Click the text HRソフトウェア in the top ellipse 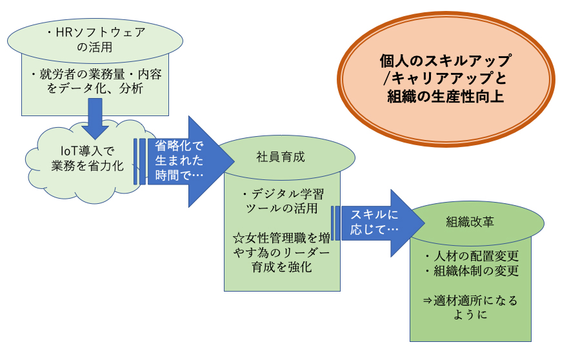tap(101, 33)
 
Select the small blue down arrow tap(95, 119)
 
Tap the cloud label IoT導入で tap(87, 150)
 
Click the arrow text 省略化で tap(179, 146)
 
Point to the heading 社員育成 tap(281, 157)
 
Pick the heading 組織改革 tap(470, 222)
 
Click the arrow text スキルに tap(374, 214)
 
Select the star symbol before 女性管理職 tap(239, 239)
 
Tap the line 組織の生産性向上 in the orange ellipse tap(446, 97)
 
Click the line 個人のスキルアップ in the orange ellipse tap(446, 60)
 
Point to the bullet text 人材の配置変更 tap(476, 256)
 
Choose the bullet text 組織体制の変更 tap(476, 271)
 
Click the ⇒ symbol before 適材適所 tap(428, 301)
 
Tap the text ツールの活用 tap(281, 208)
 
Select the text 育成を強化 tap(281, 267)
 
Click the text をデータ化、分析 tap(95, 88)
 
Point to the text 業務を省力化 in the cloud tap(87, 165)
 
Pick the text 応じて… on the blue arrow tap(374, 230)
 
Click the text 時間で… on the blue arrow tap(179, 175)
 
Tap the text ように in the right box tap(470, 315)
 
